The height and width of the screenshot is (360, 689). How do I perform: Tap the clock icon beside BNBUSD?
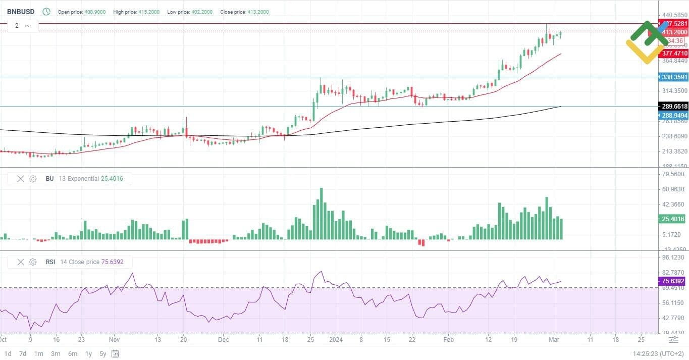tap(46, 12)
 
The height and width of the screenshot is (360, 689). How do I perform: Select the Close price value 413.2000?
tap(258, 12)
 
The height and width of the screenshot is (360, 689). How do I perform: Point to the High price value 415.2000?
tap(149, 12)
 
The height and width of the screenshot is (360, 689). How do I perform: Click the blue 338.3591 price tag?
tap(674, 77)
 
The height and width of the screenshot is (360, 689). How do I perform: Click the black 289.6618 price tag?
tap(674, 107)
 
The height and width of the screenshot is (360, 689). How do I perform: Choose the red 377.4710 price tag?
tap(674, 54)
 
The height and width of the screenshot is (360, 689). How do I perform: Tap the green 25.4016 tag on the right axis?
tap(673, 219)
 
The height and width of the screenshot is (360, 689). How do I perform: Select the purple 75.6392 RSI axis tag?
tap(673, 281)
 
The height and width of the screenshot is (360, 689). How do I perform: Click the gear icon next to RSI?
tap(33, 262)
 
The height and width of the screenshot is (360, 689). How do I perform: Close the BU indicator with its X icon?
tap(21, 179)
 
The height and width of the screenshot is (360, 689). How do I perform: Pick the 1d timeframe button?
tap(8, 353)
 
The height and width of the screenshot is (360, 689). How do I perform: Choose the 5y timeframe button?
tap(103, 353)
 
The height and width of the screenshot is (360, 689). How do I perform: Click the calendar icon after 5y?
tap(115, 353)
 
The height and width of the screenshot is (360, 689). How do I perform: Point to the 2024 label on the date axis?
tap(336, 340)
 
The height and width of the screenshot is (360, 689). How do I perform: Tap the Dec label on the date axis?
tap(224, 340)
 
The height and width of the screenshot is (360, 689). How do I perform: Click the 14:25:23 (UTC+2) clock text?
tap(658, 354)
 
